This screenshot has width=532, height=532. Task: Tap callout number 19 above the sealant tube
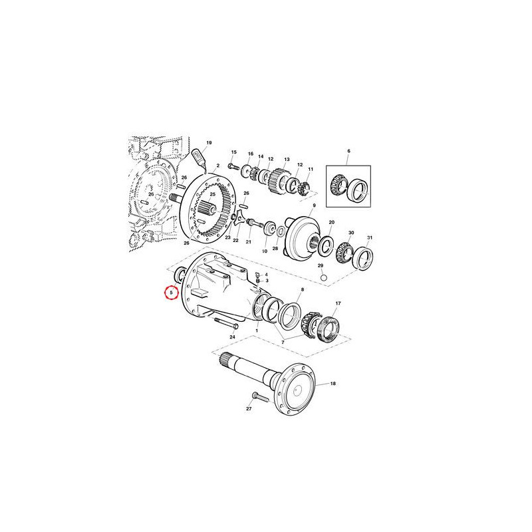click(209, 143)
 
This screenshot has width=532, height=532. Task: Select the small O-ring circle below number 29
click(324, 278)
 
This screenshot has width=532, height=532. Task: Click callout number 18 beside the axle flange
click(333, 384)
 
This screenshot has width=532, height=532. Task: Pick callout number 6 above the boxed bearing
click(348, 151)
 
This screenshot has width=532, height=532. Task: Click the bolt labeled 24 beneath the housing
click(226, 323)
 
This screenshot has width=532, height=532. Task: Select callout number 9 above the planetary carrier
click(314, 205)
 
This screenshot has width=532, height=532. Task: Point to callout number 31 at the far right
click(370, 237)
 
